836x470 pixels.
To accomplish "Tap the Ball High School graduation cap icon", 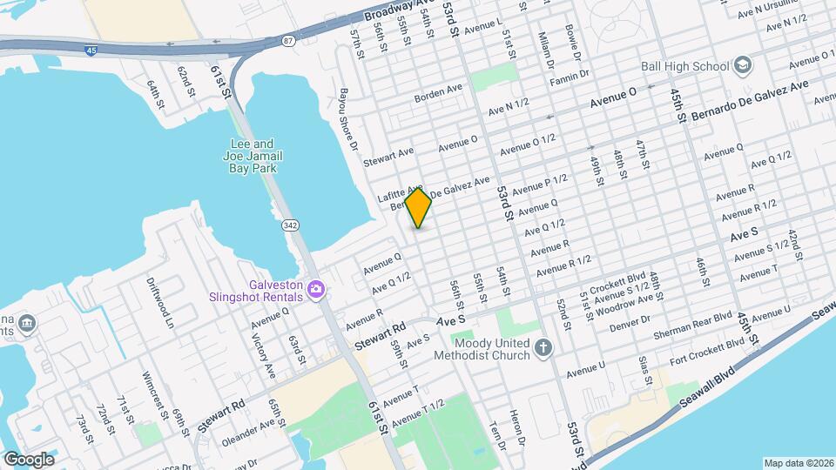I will click(742, 65).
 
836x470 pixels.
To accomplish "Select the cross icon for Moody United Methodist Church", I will click(544, 348).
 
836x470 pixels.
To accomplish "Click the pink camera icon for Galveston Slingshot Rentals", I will click(317, 289).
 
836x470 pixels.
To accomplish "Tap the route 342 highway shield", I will click(289, 225).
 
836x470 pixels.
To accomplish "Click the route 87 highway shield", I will click(288, 41).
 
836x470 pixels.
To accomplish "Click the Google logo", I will click(29, 459).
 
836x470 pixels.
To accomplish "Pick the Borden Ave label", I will click(439, 91).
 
